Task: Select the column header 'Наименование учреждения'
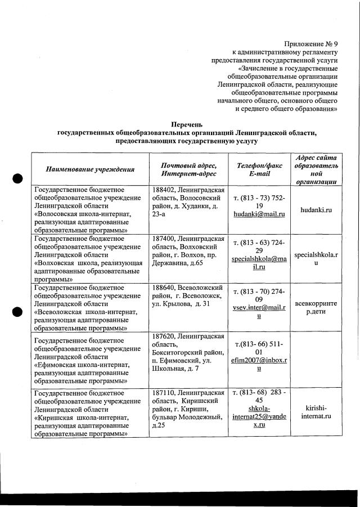[90, 169]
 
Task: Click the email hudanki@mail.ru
[259, 214]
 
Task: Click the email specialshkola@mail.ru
[259, 263]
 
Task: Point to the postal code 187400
[164, 239]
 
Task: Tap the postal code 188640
[164, 288]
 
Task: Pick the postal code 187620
[164, 336]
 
